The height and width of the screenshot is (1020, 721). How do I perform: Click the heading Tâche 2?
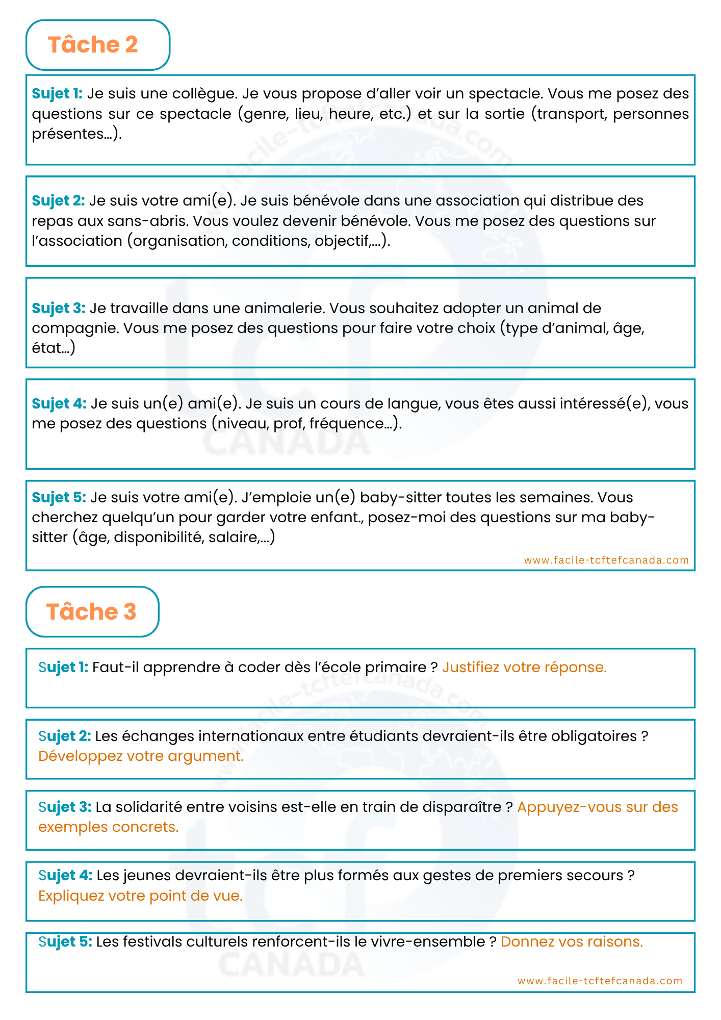[93, 45]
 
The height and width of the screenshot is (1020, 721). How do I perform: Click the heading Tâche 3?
[92, 612]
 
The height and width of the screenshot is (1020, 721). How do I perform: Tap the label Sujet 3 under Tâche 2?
[58, 308]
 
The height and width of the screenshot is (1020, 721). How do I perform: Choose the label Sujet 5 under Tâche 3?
[65, 941]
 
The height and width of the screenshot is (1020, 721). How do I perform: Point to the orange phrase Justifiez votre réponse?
[524, 667]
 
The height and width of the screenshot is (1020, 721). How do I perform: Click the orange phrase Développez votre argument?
[141, 756]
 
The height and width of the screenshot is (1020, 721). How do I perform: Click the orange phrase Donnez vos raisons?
[572, 941]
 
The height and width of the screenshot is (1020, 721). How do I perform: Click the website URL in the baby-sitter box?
[606, 560]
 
